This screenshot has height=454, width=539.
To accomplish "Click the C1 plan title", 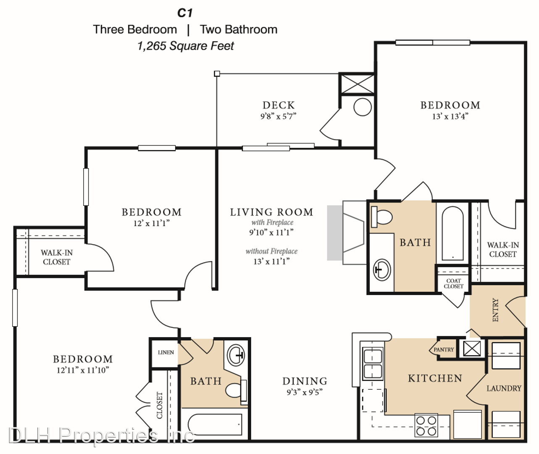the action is [x=185, y=13].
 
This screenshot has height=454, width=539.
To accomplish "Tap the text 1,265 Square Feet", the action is [x=185, y=46].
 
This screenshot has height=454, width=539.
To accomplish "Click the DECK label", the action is [x=279, y=105].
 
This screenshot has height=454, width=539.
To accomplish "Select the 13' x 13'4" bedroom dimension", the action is [x=450, y=116].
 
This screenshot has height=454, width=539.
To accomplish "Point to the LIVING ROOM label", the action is [x=271, y=212].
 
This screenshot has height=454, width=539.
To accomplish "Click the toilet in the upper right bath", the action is [x=382, y=217].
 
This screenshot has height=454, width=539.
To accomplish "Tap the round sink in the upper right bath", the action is [x=382, y=270].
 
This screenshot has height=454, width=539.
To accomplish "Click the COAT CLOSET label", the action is [x=454, y=283].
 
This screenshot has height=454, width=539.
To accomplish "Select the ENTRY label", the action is [x=495, y=310].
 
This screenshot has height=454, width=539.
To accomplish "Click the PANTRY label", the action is [x=444, y=350].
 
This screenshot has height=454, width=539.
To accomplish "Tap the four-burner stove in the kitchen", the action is [x=426, y=425].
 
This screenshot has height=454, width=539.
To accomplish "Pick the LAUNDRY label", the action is [x=504, y=388].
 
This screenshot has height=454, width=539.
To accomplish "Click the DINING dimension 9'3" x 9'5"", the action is [x=305, y=393].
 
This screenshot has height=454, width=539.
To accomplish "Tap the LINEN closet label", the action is [x=166, y=352].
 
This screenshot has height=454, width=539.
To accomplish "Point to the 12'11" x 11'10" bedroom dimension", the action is [x=83, y=370].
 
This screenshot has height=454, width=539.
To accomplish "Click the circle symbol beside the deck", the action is [x=363, y=107].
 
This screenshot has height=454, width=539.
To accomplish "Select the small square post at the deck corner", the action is [x=217, y=74].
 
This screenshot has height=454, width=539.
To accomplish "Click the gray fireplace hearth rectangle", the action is [x=335, y=233].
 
